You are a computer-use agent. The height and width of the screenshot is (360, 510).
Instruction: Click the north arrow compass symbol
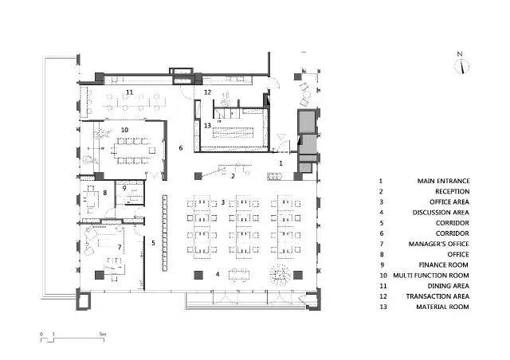[461, 66]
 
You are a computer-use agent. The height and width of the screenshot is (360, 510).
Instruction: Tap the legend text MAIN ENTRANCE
[443, 181]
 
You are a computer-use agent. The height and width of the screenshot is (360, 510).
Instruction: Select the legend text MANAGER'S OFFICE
[439, 244]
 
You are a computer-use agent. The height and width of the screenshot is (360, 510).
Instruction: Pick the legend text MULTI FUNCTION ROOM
[431, 276]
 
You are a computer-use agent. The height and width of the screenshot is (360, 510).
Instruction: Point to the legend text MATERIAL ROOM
[443, 307]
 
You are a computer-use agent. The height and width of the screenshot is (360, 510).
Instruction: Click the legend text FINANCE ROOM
[443, 265]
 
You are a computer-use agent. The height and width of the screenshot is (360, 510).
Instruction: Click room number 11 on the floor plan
[129, 92]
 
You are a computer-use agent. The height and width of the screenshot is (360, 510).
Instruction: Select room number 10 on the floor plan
[124, 130]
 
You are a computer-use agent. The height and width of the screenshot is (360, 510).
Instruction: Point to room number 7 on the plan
[120, 248]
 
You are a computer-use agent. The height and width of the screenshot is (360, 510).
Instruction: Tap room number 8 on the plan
[104, 193]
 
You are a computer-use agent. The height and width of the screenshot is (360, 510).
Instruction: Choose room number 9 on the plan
[124, 188]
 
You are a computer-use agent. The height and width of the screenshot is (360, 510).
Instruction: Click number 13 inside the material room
[207, 126]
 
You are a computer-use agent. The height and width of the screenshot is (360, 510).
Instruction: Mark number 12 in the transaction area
[207, 92]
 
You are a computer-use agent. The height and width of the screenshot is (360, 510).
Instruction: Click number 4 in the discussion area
[218, 274]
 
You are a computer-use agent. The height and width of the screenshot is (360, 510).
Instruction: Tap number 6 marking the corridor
[181, 148]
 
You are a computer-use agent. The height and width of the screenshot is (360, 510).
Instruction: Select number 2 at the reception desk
[233, 176]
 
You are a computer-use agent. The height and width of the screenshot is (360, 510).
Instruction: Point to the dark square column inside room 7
[99, 275]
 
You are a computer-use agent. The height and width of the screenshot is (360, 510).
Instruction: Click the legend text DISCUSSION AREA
[441, 213]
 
